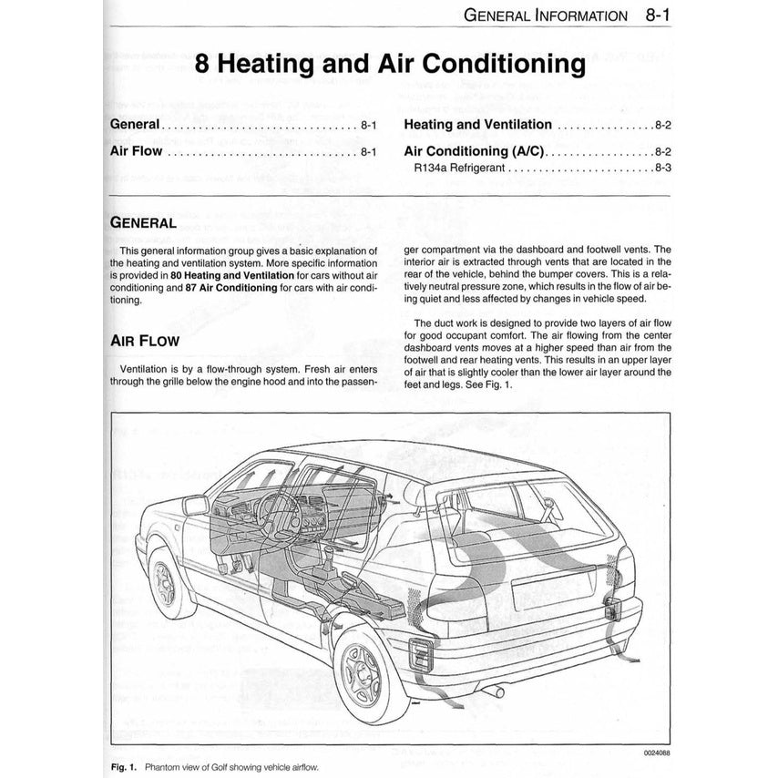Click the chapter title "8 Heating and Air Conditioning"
point(389,65)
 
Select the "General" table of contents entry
point(135,125)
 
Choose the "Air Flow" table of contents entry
point(136,151)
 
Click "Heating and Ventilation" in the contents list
point(477,125)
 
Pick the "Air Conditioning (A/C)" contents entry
point(474,151)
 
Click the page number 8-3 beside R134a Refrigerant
point(662,169)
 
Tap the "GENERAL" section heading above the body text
point(142,222)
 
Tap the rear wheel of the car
point(369,680)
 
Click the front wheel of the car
point(169,582)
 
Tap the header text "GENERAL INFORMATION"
point(545,15)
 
